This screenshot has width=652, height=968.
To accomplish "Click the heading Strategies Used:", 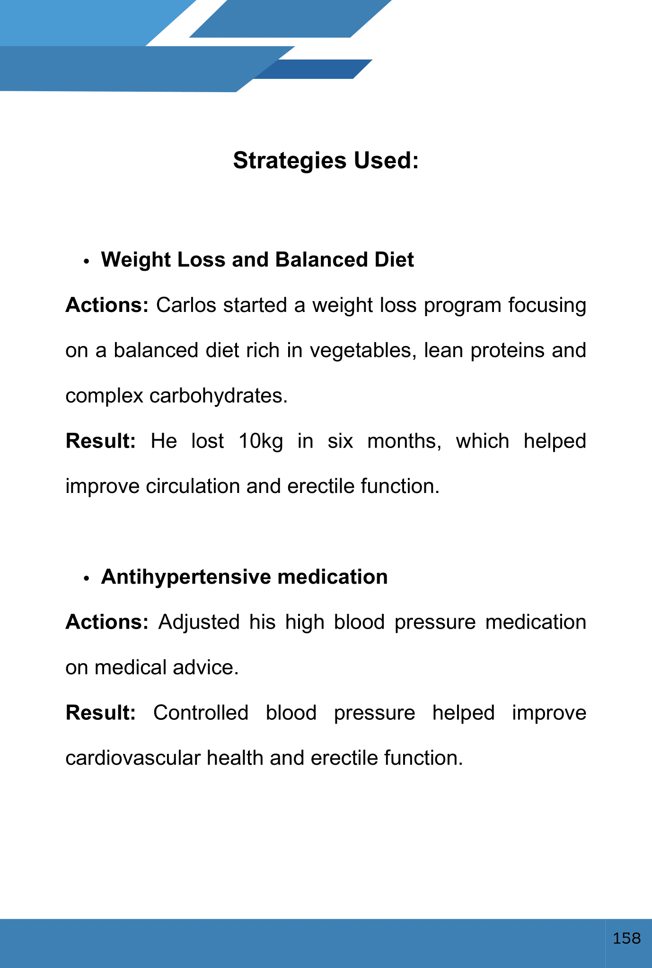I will point(326,161).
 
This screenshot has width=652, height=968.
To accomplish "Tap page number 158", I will point(626,938).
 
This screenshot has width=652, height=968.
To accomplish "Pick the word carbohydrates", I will point(218,396).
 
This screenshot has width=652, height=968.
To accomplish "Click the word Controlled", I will point(201,713).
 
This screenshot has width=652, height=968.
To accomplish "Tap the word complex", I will point(104,396).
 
